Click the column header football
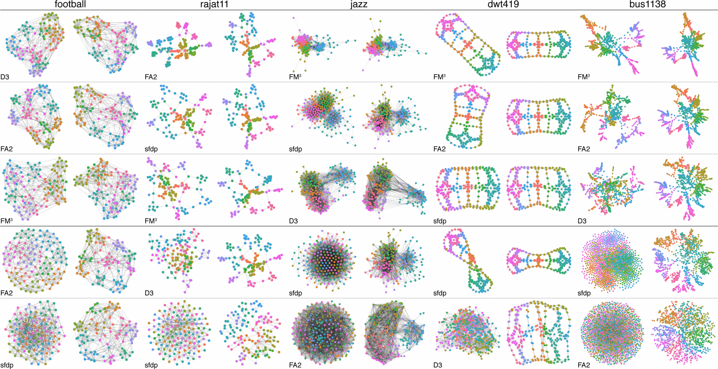(x=70, y=4)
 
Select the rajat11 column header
(x=214, y=4)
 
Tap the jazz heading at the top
(x=358, y=4)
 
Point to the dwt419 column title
(x=503, y=4)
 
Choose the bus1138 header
(x=647, y=4)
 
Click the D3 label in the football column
(x=5, y=77)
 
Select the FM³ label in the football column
(x=6, y=221)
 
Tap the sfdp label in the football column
(x=7, y=365)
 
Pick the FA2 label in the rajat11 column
(x=151, y=77)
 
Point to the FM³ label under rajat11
(x=151, y=221)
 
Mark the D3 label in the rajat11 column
(x=149, y=293)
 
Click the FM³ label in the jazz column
(x=295, y=77)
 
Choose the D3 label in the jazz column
(x=293, y=221)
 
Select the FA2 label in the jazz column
(x=295, y=365)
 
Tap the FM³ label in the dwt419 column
(x=439, y=77)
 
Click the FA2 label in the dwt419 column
(x=439, y=149)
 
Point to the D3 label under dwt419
(x=438, y=365)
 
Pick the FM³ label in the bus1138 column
(x=584, y=77)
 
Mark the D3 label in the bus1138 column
(x=582, y=221)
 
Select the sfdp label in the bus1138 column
(x=584, y=293)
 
